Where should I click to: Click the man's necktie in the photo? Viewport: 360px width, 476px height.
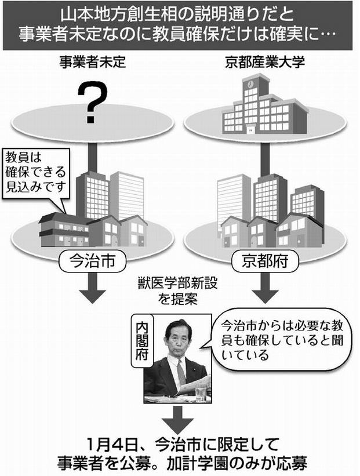tap(181, 371)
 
